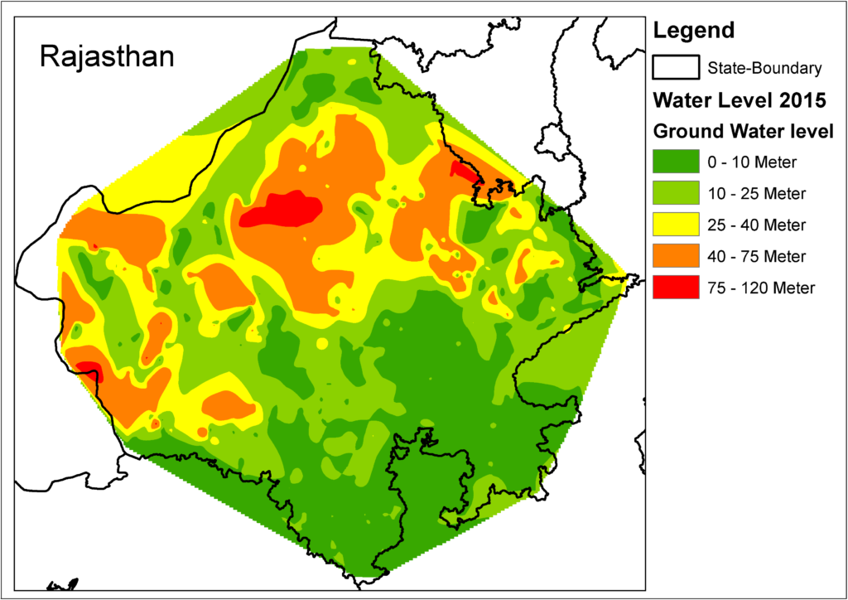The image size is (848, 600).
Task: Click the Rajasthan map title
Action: (107, 57)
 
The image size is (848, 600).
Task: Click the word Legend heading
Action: (693, 31)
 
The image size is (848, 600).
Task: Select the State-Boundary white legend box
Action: (674, 67)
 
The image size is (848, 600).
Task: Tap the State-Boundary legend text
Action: (764, 68)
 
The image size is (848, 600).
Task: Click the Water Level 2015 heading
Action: (739, 100)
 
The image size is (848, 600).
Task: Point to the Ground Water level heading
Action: (743, 131)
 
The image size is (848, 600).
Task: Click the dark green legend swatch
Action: (674, 162)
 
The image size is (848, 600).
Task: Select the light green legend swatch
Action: (674, 194)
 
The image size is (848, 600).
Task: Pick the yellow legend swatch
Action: (674, 225)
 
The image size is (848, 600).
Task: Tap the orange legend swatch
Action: (674, 256)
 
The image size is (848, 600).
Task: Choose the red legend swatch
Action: (674, 288)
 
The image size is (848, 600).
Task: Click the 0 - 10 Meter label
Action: (751, 162)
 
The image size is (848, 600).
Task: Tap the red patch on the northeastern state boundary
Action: (465, 172)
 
